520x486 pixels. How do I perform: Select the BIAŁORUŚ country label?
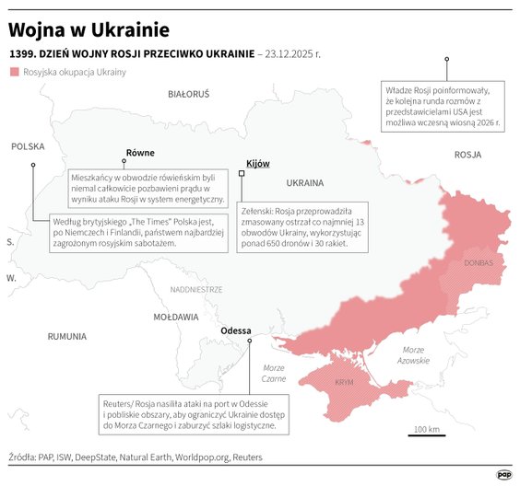(x=189, y=94)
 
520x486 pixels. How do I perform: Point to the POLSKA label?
(x=28, y=146)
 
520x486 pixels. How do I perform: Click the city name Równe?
(x=140, y=153)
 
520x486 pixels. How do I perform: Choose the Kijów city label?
(x=258, y=163)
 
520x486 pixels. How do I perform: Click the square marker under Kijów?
(x=242, y=172)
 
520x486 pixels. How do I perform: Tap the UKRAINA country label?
(x=305, y=181)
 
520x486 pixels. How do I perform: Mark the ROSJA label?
(x=468, y=156)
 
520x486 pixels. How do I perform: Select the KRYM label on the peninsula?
(x=344, y=381)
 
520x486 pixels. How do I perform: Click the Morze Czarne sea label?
(x=274, y=373)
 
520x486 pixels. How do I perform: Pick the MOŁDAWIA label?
(x=176, y=316)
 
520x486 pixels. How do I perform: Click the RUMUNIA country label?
(x=67, y=337)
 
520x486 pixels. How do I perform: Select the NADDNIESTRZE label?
(x=196, y=289)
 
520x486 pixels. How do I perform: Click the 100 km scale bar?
(x=425, y=436)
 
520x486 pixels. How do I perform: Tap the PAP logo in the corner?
(x=503, y=474)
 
